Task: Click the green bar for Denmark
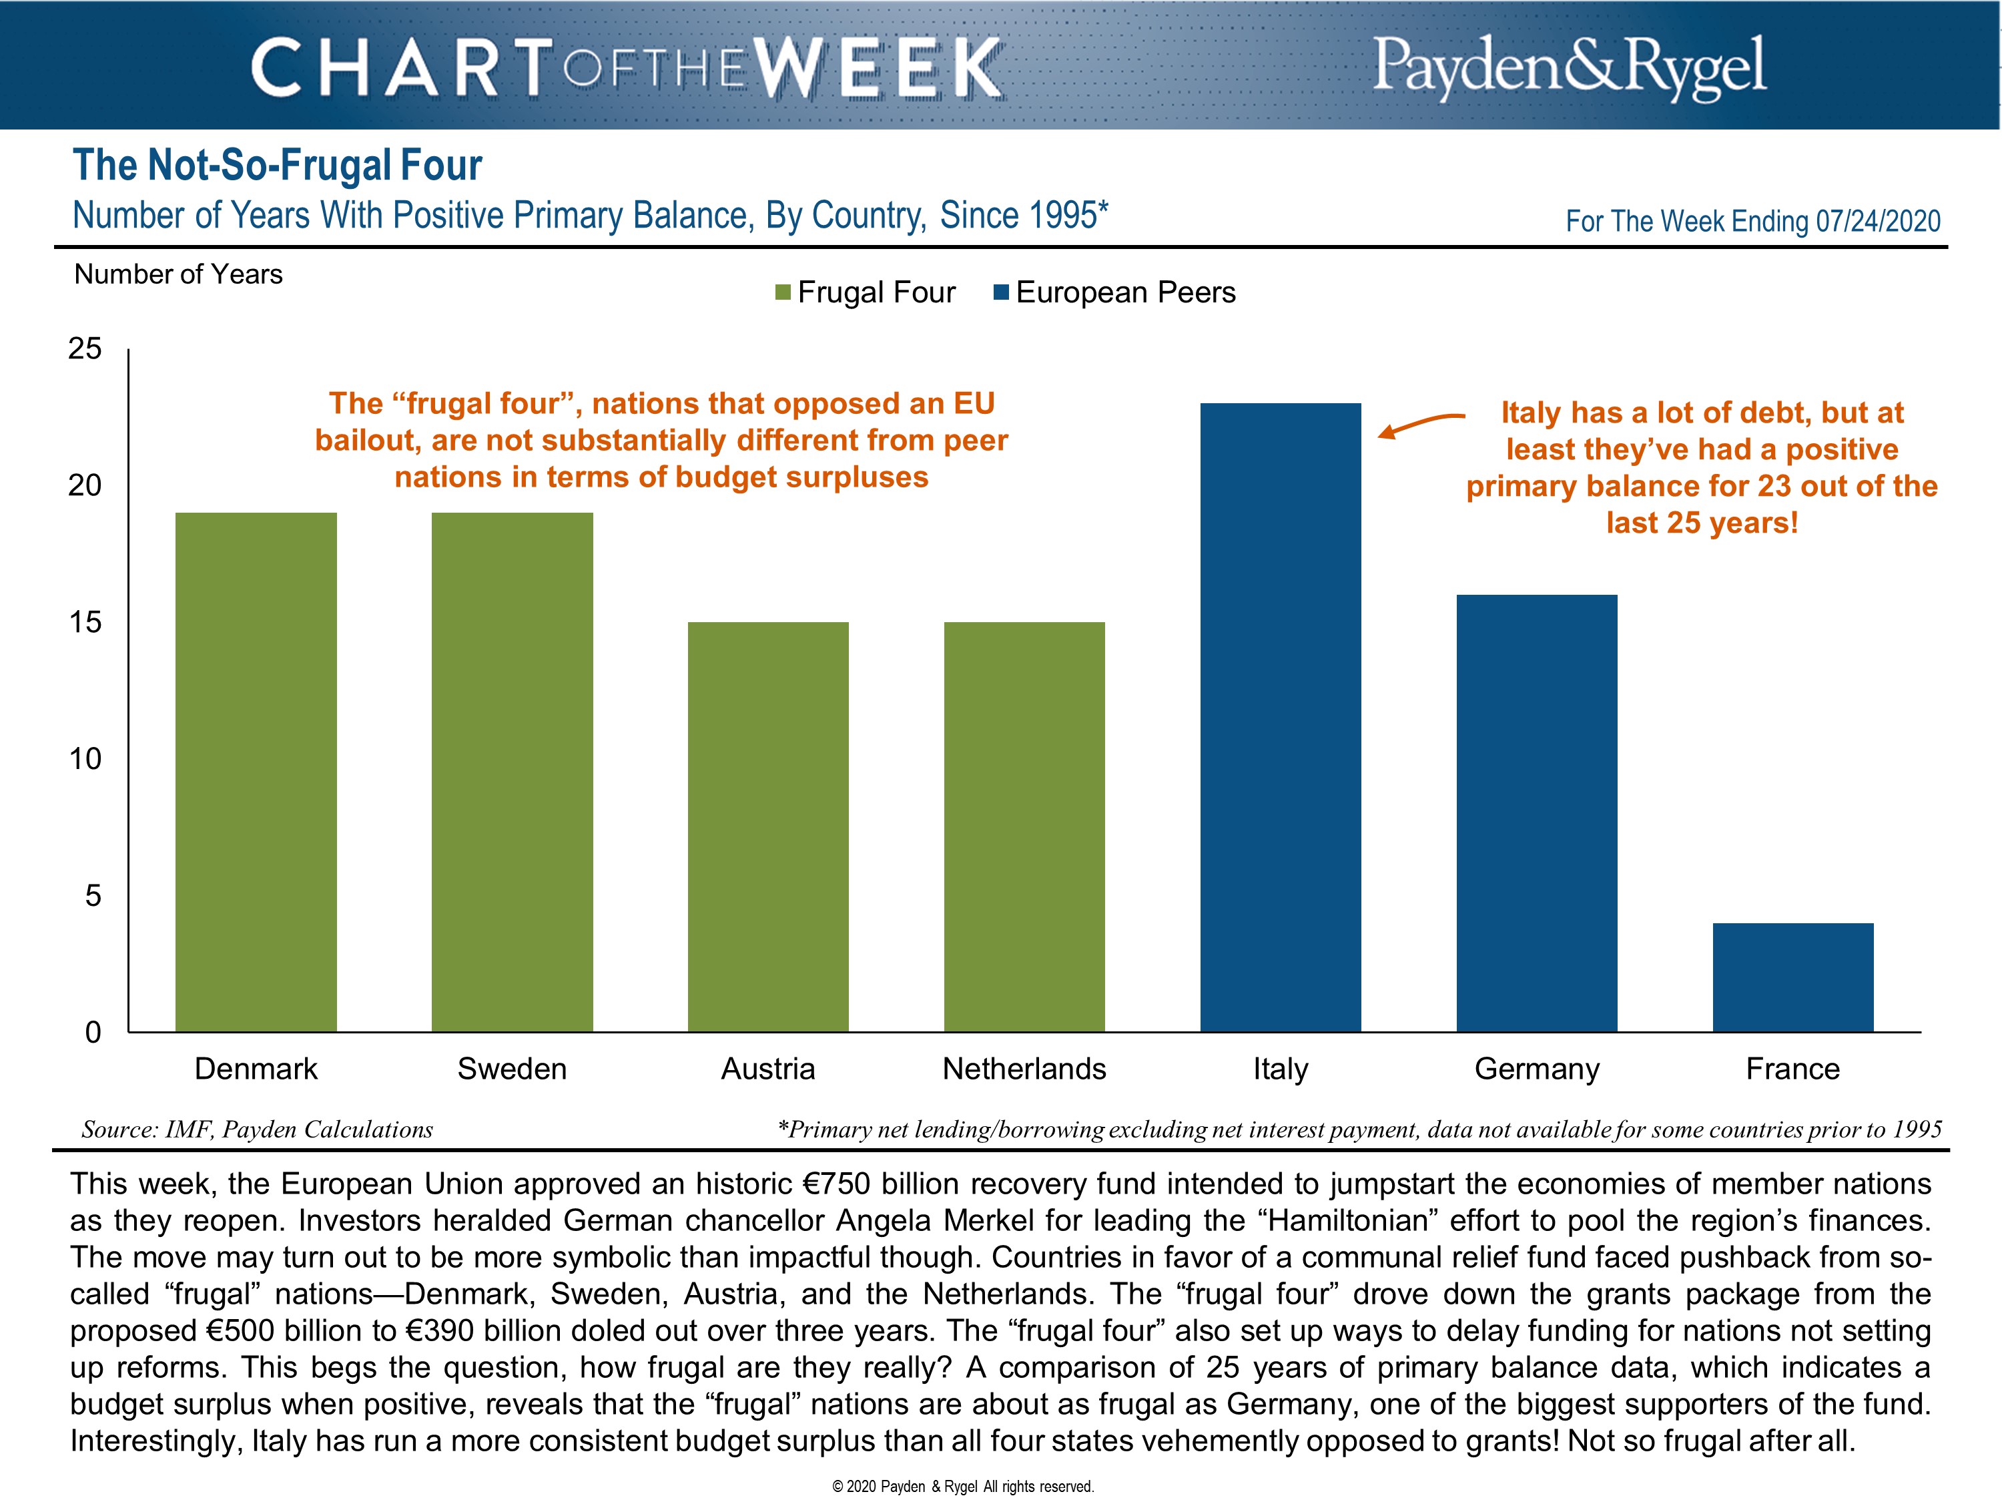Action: point(256,772)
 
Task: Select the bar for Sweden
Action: point(513,772)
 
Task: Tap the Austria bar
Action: point(768,826)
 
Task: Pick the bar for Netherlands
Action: point(1024,826)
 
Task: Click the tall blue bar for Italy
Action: point(1281,717)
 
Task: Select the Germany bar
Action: point(1537,812)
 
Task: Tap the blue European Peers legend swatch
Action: point(1002,292)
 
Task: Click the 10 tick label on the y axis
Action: point(85,759)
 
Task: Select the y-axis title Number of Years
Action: point(178,274)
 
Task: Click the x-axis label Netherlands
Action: point(1024,1069)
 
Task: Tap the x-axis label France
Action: point(1793,1069)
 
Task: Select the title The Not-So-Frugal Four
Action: point(277,166)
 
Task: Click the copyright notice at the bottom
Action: point(963,1487)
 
